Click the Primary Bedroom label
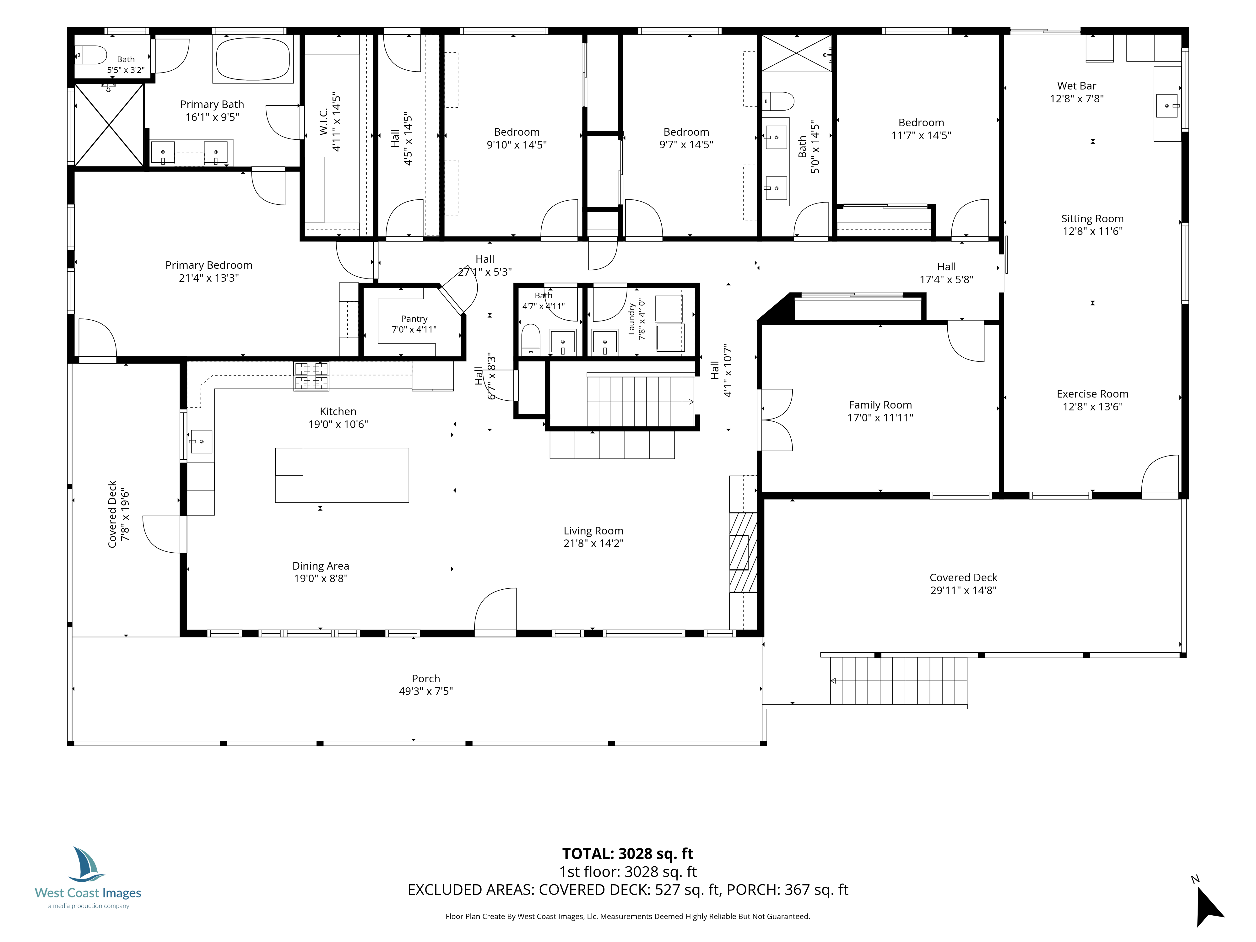coord(208,265)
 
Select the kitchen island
coord(342,475)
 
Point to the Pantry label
coord(414,319)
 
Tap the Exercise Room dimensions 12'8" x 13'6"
coord(1092,407)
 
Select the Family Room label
coord(880,405)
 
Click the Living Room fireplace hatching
coord(743,552)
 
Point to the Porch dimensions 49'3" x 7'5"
coord(426,691)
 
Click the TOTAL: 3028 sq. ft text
coord(627,854)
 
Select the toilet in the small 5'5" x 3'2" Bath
coord(91,55)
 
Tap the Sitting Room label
coord(1092,219)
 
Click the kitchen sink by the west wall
coord(201,441)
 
